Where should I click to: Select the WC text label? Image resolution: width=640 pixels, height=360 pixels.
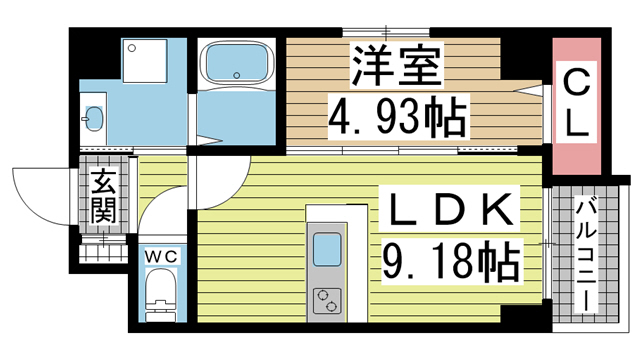coord(161,258)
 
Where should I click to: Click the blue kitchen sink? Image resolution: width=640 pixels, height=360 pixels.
coord(328,247)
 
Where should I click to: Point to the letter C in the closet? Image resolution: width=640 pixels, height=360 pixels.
coord(576,79)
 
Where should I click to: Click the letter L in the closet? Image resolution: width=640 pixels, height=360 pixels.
coord(576,124)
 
